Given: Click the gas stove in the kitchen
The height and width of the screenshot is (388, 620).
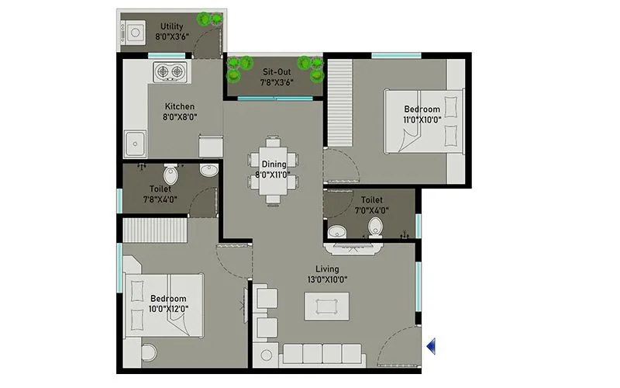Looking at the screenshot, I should point(171,72).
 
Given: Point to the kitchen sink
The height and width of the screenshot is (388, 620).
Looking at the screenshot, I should point(136,144).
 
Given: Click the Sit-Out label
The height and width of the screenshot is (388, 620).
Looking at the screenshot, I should point(277,71).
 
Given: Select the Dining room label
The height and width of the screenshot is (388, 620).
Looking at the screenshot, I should point(274,164).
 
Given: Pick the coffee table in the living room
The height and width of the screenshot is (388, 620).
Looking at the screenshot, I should point(325,305).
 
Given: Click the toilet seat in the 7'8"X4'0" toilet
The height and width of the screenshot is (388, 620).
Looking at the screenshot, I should point(168,173).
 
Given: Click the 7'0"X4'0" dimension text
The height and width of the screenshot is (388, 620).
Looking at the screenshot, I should point(371,210).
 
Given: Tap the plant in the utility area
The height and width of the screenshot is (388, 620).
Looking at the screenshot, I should point(208,19).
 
